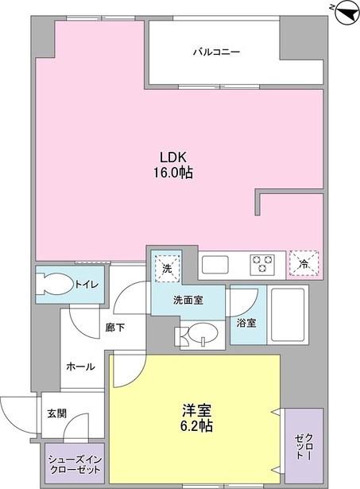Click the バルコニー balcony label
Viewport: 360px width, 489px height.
point(215,52)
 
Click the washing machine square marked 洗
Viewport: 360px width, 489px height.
point(167,268)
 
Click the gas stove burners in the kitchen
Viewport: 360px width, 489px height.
point(262,262)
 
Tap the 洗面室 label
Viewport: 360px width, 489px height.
point(188,300)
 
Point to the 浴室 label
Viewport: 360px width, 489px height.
point(246,323)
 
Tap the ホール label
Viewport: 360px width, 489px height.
point(81,367)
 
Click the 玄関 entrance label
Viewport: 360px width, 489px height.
point(56,413)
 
